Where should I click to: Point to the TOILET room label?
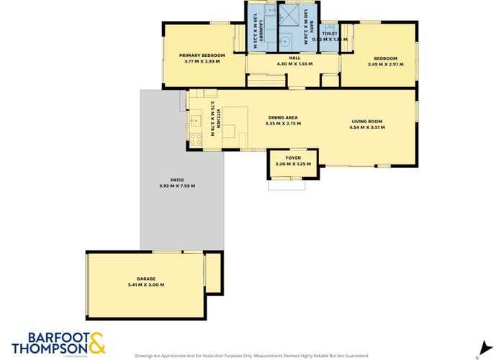pos(330,34)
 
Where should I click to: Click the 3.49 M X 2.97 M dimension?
pos(385,64)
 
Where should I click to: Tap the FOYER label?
pos(293,158)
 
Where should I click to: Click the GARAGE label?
pos(146,279)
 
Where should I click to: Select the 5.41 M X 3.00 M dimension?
pos(146,285)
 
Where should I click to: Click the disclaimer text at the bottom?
pos(251,356)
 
